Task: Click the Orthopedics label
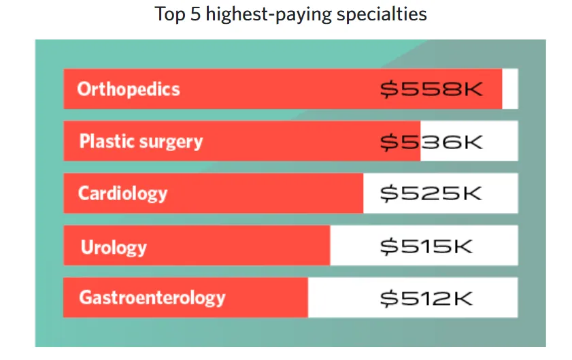(x=129, y=89)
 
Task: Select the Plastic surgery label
(x=141, y=142)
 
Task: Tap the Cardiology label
(x=122, y=193)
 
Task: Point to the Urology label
(x=114, y=246)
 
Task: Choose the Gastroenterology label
(x=152, y=297)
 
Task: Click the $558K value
(x=431, y=89)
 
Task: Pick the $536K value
(x=431, y=142)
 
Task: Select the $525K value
(x=431, y=193)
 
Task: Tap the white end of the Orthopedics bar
(x=510, y=89)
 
